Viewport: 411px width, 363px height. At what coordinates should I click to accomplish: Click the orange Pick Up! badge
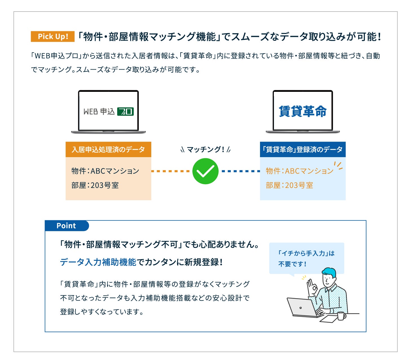click(53, 37)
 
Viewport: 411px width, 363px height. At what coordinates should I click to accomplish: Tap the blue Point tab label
click(66, 226)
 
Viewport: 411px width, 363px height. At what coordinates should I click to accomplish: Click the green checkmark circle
click(205, 171)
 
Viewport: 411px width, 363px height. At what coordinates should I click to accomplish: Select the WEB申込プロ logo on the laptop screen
click(108, 112)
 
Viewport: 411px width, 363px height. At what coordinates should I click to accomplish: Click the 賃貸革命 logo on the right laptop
click(303, 111)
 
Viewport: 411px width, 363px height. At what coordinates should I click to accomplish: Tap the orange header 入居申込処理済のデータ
click(108, 149)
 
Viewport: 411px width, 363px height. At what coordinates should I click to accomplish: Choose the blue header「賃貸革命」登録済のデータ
click(303, 149)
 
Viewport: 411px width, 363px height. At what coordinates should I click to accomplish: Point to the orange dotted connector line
click(170, 171)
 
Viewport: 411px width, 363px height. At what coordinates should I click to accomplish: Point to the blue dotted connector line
click(241, 171)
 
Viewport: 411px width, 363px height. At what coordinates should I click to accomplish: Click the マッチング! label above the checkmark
click(205, 150)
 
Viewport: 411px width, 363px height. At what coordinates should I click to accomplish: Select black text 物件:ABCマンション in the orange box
click(105, 171)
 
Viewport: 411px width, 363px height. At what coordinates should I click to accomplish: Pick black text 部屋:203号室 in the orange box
click(95, 185)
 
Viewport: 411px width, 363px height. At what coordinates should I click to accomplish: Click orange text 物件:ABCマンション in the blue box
click(299, 171)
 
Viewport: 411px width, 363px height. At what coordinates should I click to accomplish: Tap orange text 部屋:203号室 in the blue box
click(289, 185)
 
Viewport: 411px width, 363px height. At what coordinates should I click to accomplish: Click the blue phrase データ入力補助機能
click(98, 262)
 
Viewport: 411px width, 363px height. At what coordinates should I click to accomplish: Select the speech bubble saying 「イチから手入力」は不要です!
click(306, 258)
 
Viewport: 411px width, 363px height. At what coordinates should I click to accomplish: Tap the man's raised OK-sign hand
click(311, 287)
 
